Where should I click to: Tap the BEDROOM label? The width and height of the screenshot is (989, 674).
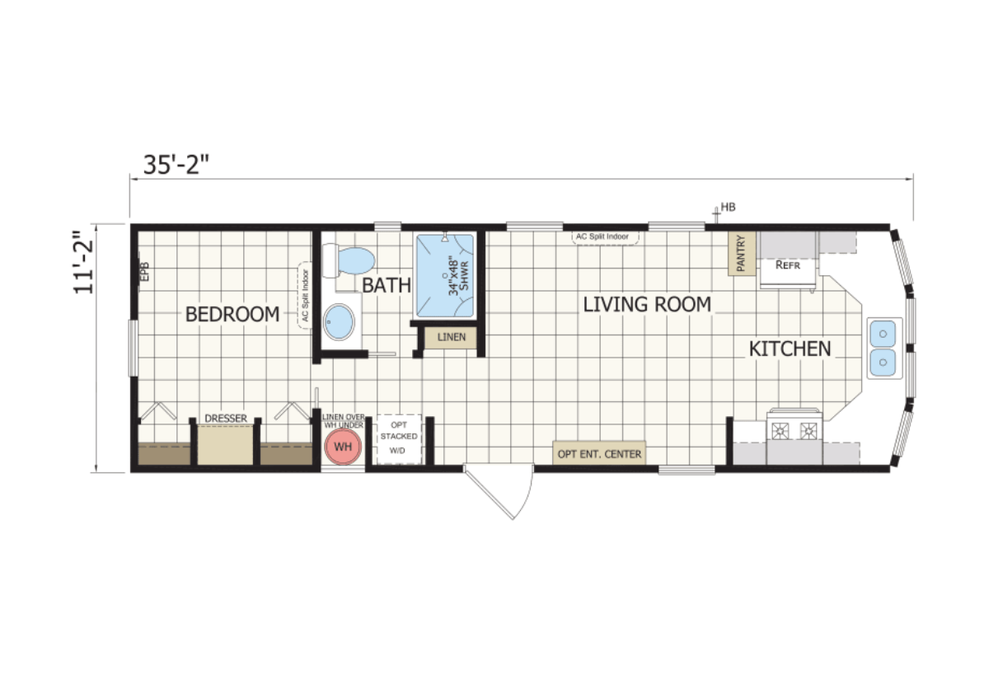point(232,314)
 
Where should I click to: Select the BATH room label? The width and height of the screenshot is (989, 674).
point(387,286)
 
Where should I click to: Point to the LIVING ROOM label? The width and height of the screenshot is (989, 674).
point(647,304)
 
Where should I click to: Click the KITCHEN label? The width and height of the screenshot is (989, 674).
point(790,349)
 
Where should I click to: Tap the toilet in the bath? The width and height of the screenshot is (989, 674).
point(350,260)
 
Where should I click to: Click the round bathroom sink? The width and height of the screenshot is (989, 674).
point(339,322)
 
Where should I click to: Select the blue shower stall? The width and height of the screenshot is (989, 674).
point(445,275)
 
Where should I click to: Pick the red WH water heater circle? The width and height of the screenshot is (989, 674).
point(342,447)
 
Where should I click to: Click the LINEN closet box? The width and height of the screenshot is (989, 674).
point(451,338)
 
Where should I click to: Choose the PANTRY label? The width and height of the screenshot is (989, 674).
point(741,254)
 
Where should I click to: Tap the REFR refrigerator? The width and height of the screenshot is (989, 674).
point(789,264)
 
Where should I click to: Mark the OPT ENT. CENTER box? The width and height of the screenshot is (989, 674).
point(599,454)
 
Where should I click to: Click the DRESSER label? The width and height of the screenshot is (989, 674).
point(226,419)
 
